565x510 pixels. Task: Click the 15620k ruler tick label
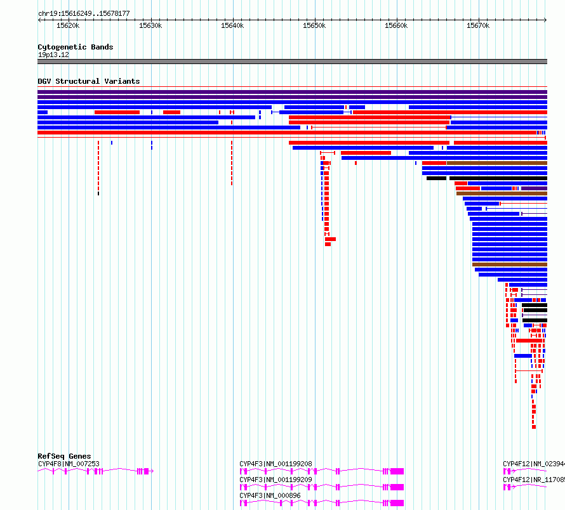(x=68, y=26)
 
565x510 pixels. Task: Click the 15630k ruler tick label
(x=150, y=26)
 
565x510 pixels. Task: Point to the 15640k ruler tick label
(x=232, y=26)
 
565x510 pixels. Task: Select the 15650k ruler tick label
(x=314, y=26)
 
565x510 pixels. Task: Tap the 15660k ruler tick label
(x=396, y=26)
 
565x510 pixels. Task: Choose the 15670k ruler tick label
(x=478, y=26)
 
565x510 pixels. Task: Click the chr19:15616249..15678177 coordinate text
(x=84, y=13)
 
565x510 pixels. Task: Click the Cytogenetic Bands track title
(x=75, y=47)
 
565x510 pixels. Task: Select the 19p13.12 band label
(x=53, y=55)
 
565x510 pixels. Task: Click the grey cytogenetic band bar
(x=292, y=62)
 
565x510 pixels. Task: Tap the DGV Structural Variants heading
(x=88, y=81)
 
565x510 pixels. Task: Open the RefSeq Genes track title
(x=64, y=456)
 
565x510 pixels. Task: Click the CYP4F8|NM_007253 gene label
(x=69, y=464)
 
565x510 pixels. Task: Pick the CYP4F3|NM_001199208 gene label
(x=276, y=464)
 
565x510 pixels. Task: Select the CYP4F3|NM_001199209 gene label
(x=276, y=480)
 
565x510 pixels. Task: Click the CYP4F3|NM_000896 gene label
(x=270, y=495)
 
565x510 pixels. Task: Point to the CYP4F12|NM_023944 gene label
(x=533, y=464)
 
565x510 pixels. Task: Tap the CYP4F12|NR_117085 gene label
(x=533, y=480)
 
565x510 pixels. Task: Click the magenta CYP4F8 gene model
(x=95, y=471)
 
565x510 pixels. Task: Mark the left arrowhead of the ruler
(x=40, y=20)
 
